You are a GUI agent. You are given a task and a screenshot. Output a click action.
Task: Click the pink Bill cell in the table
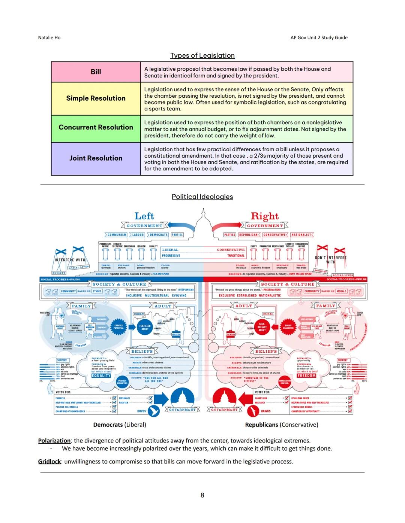(x=96, y=72)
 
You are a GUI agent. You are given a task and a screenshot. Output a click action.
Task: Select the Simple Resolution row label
(x=96, y=98)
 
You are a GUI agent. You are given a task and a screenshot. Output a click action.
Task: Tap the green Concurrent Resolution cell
(x=96, y=127)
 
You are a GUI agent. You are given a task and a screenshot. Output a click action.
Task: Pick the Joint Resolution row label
(x=96, y=158)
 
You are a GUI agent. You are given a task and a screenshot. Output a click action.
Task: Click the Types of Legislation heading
(x=202, y=55)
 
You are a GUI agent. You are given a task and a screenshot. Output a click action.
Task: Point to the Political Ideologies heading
(x=202, y=197)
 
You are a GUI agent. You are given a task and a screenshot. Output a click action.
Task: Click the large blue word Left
(x=144, y=216)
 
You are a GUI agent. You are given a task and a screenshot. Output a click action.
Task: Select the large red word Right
(x=265, y=216)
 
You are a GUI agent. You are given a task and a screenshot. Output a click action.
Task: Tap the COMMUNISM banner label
(x=117, y=235)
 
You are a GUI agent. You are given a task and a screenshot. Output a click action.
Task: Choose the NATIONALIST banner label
(x=301, y=235)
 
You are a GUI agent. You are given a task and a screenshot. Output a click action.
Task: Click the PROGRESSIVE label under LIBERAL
(x=171, y=256)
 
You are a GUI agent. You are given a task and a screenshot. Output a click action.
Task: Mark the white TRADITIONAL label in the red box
(x=236, y=256)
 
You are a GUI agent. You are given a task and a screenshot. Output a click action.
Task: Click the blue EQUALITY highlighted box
(x=101, y=375)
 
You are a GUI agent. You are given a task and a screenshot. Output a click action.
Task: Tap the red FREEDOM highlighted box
(x=306, y=375)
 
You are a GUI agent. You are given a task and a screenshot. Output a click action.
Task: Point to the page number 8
(x=202, y=495)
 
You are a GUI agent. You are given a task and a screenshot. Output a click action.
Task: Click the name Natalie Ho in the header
(x=49, y=37)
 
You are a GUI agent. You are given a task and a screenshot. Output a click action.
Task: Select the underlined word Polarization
(x=54, y=441)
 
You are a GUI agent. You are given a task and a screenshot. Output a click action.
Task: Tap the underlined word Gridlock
(x=49, y=462)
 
